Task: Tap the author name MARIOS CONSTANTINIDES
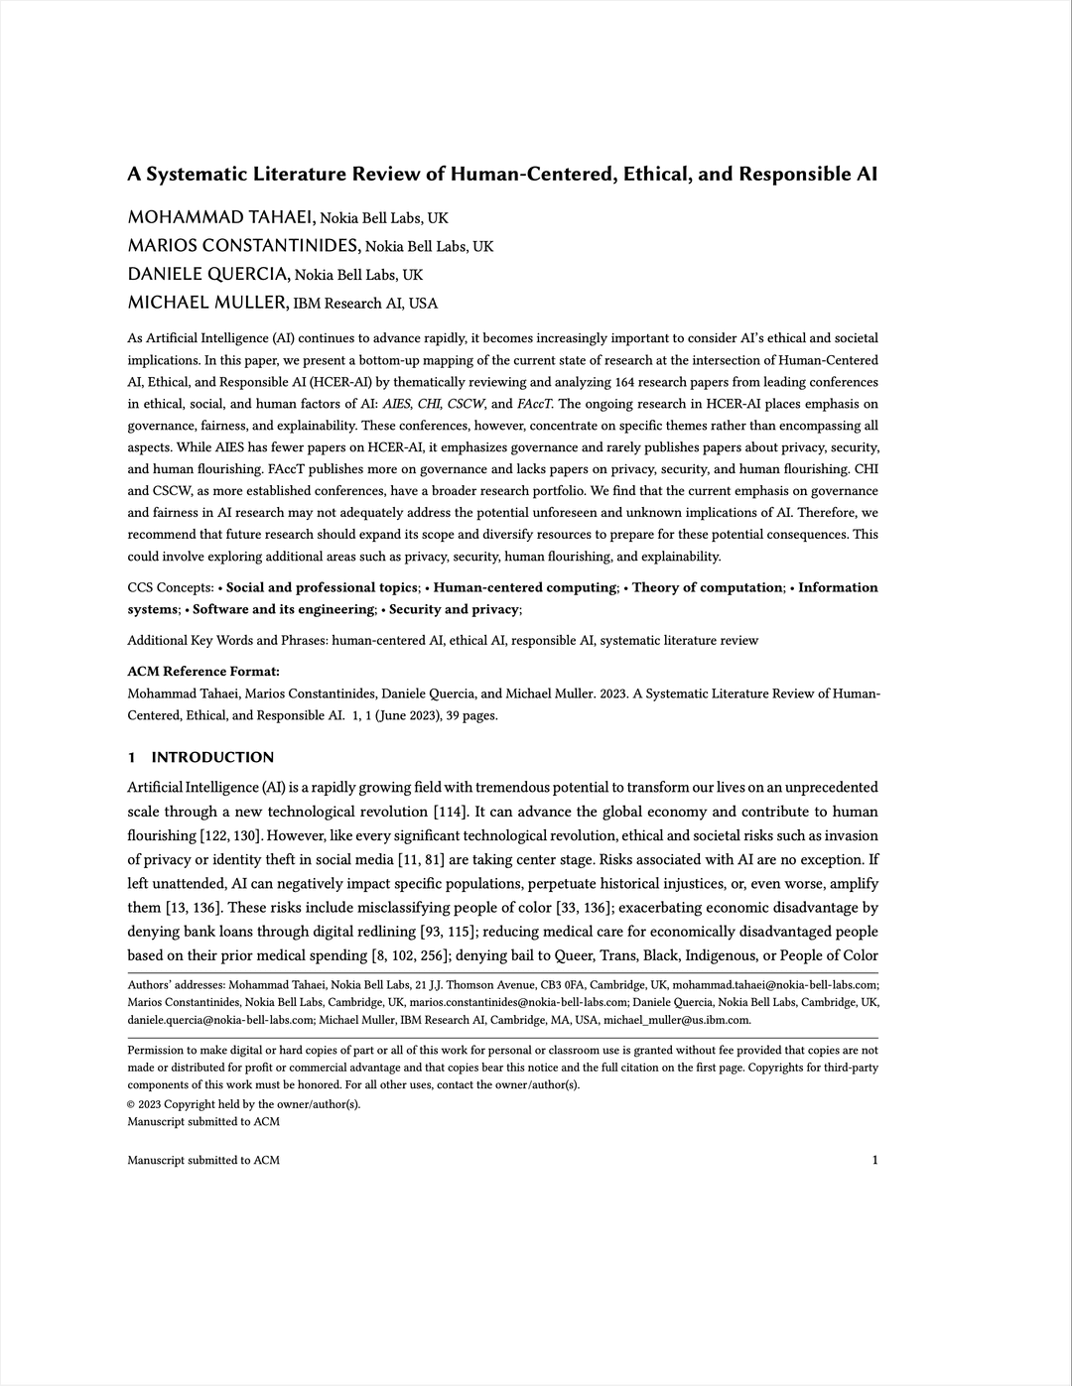243,246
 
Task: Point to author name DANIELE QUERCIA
208,275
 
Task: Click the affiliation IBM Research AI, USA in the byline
366,304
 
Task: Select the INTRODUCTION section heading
212,758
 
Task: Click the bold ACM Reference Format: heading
203,672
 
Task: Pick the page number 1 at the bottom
874,1160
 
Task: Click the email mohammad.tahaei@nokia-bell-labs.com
774,985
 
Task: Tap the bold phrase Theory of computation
707,587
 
